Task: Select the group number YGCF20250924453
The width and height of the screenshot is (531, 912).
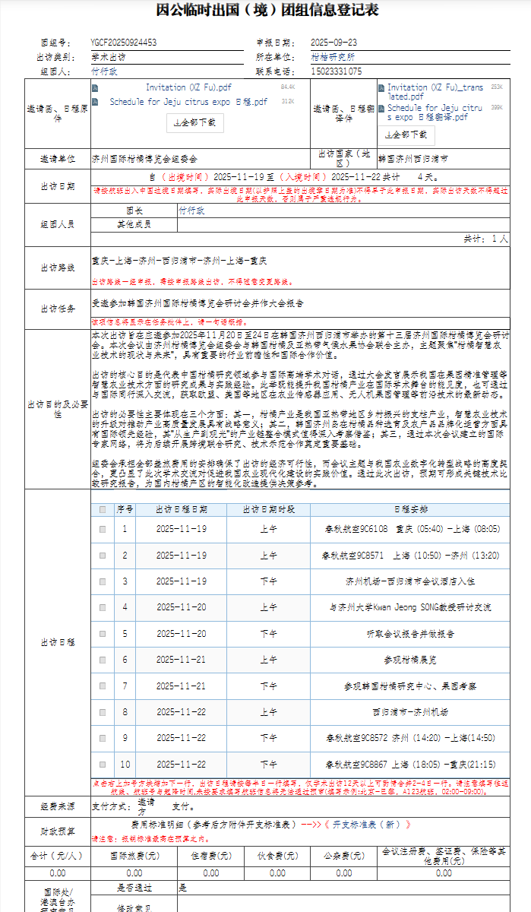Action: pyautogui.click(x=123, y=43)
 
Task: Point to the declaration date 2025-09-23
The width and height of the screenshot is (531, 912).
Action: pyautogui.click(x=333, y=43)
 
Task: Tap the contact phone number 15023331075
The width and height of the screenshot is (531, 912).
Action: pyautogui.click(x=337, y=71)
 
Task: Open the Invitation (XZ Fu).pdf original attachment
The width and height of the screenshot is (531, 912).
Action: pyautogui.click(x=188, y=88)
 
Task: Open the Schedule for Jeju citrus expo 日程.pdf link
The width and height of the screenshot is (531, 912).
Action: pyautogui.click(x=188, y=101)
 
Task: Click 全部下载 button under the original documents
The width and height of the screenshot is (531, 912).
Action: pyautogui.click(x=195, y=122)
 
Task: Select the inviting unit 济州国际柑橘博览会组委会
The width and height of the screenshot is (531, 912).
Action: pyautogui.click(x=144, y=160)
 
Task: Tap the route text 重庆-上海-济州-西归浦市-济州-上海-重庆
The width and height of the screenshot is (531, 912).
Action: pyautogui.click(x=179, y=261)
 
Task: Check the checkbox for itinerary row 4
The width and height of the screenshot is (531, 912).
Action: pyautogui.click(x=103, y=608)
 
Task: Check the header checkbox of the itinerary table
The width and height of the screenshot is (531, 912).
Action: pyautogui.click(x=103, y=510)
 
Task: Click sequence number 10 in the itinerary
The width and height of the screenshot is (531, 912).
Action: pyautogui.click(x=125, y=765)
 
